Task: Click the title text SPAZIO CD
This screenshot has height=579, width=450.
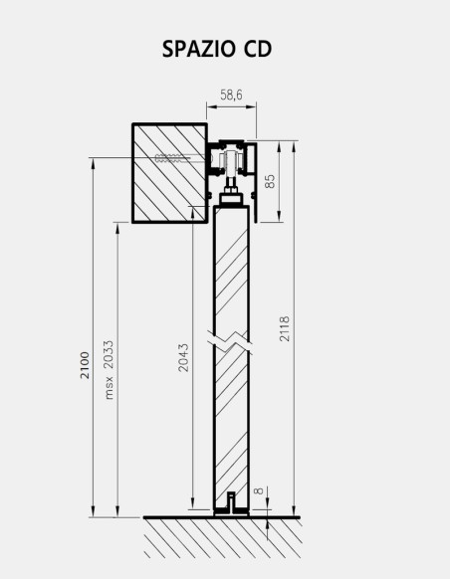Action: (x=216, y=49)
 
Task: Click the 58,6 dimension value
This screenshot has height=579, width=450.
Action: (x=232, y=95)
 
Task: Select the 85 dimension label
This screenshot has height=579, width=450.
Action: (x=270, y=181)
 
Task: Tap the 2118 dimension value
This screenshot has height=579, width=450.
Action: (x=286, y=329)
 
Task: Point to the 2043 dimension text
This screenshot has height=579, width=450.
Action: (x=182, y=358)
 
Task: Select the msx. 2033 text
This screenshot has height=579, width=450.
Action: (x=109, y=370)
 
